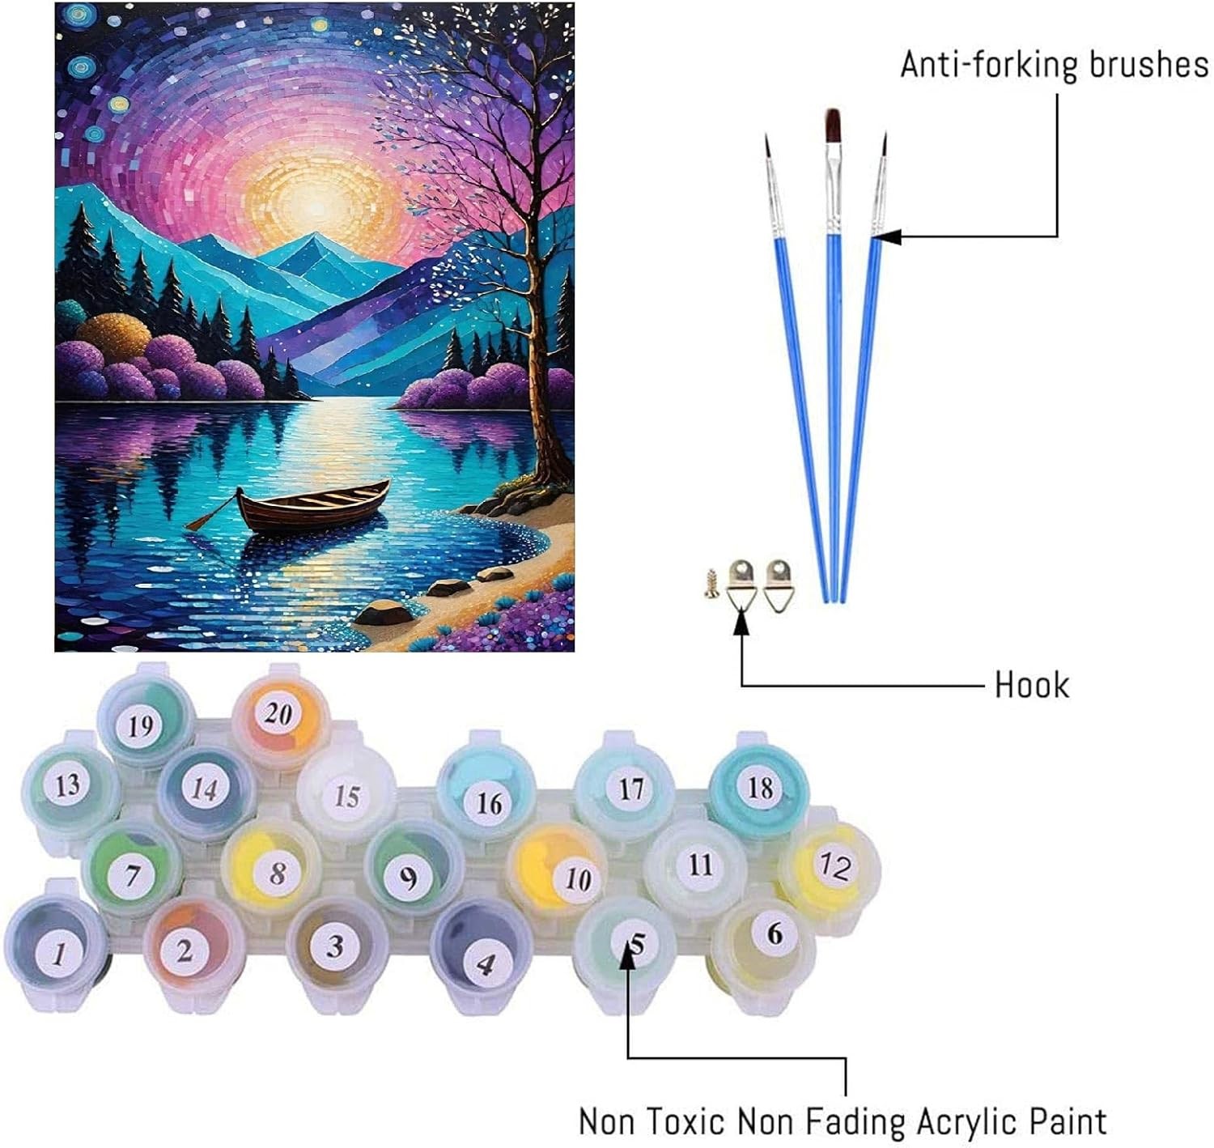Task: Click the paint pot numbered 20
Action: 278,714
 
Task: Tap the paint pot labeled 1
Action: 58,952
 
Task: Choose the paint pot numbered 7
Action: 134,874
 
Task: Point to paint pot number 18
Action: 758,786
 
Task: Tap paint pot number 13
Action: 68,784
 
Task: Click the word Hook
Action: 1031,686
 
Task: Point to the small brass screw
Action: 712,580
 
